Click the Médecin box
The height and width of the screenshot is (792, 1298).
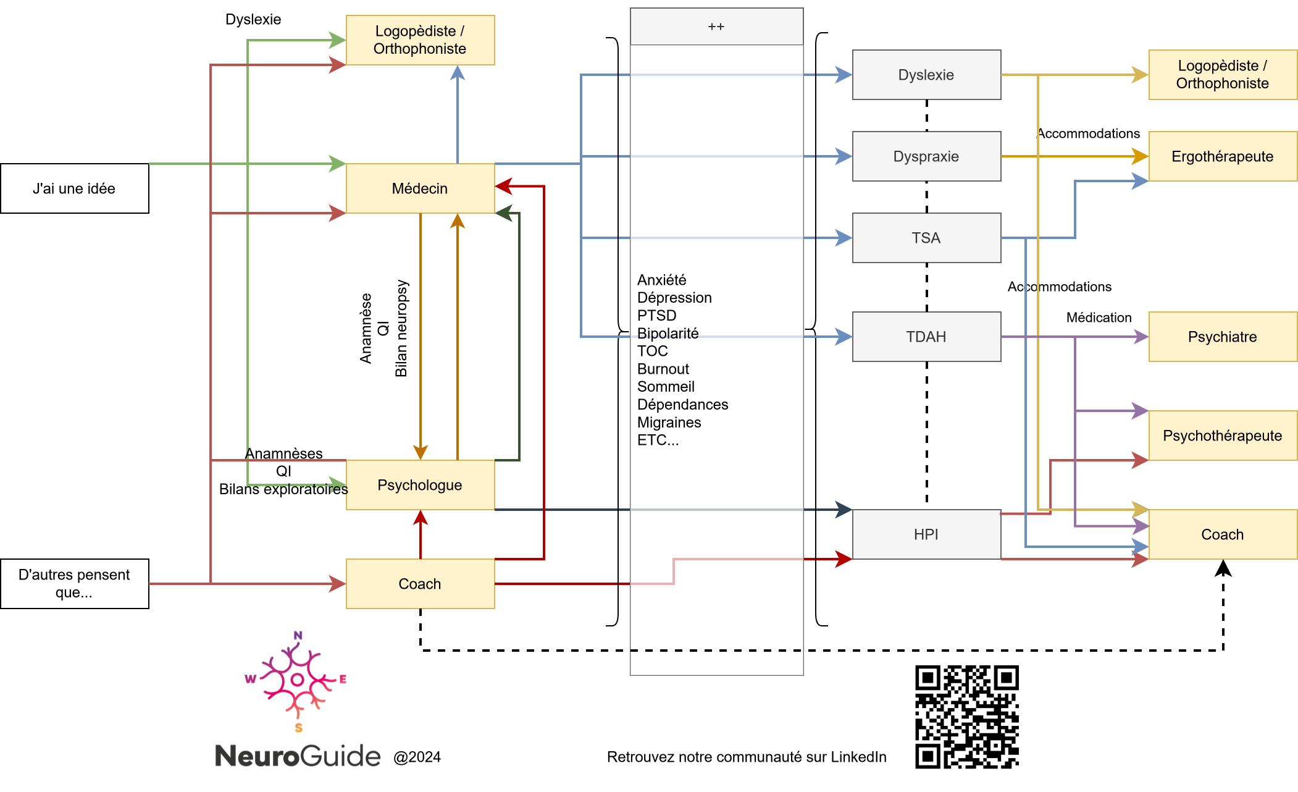pyautogui.click(x=420, y=188)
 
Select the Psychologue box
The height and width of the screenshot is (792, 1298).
pyautogui.click(x=420, y=485)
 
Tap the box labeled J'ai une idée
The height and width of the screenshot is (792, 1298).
pyautogui.click(x=74, y=188)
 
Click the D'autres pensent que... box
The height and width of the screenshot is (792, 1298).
pyautogui.click(x=74, y=583)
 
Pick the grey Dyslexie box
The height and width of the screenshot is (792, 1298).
pyautogui.click(x=926, y=75)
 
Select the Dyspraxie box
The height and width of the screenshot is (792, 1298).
pyautogui.click(x=926, y=156)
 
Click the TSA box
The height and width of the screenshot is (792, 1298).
pyautogui.click(x=926, y=238)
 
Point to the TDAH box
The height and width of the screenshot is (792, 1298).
pyautogui.click(x=926, y=337)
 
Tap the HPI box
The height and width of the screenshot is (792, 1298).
pyautogui.click(x=926, y=534)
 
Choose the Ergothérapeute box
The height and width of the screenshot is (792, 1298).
pyautogui.click(x=1223, y=156)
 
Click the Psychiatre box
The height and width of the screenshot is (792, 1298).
pyautogui.click(x=1223, y=337)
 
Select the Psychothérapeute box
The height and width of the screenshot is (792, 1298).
pyautogui.click(x=1223, y=436)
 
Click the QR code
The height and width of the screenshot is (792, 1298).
pyautogui.click(x=966, y=717)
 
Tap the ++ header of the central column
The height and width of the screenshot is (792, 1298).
pyautogui.click(x=716, y=27)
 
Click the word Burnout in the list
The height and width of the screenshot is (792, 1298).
pyautogui.click(x=663, y=369)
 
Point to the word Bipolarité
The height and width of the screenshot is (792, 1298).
pyautogui.click(x=668, y=334)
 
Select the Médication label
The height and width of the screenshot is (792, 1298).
pyautogui.click(x=1099, y=318)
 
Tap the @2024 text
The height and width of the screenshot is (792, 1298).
pyautogui.click(x=417, y=757)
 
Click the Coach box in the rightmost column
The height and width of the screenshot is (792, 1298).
pyautogui.click(x=1223, y=534)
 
